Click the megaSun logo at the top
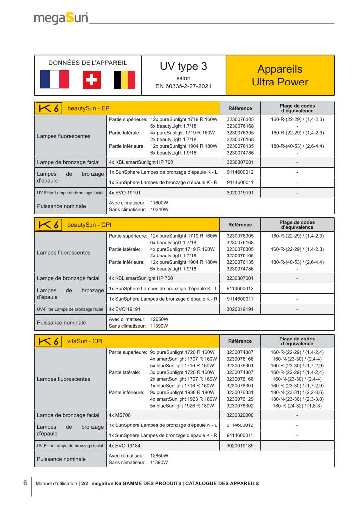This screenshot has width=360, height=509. (x=61, y=19)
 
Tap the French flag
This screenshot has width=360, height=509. (x=55, y=80)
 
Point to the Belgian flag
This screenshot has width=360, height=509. (x=123, y=80)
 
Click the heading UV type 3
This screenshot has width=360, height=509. (x=183, y=67)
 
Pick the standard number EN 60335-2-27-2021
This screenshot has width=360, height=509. (x=183, y=86)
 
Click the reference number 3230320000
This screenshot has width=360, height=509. (x=240, y=415)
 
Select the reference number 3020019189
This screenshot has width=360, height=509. (x=240, y=446)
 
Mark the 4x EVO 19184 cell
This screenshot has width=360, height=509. (x=124, y=446)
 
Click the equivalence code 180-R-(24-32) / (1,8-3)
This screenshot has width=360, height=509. (x=297, y=406)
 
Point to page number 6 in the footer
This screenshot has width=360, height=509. (x=25, y=483)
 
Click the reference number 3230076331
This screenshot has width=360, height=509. (x=240, y=392)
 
